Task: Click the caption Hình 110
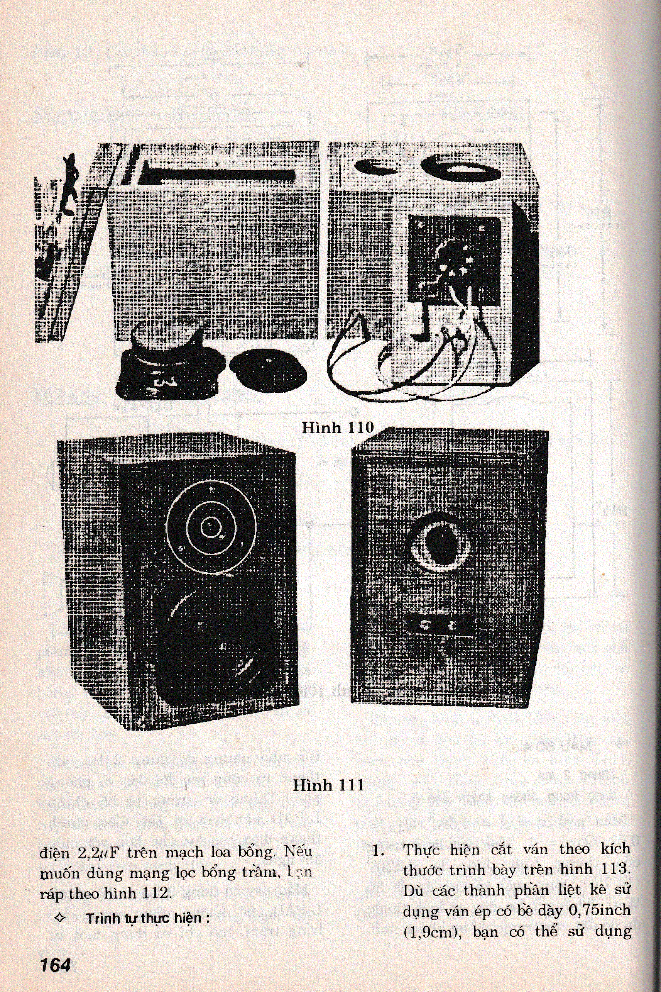click(338, 428)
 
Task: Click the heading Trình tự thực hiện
click(148, 918)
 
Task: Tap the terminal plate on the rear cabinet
click(441, 625)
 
